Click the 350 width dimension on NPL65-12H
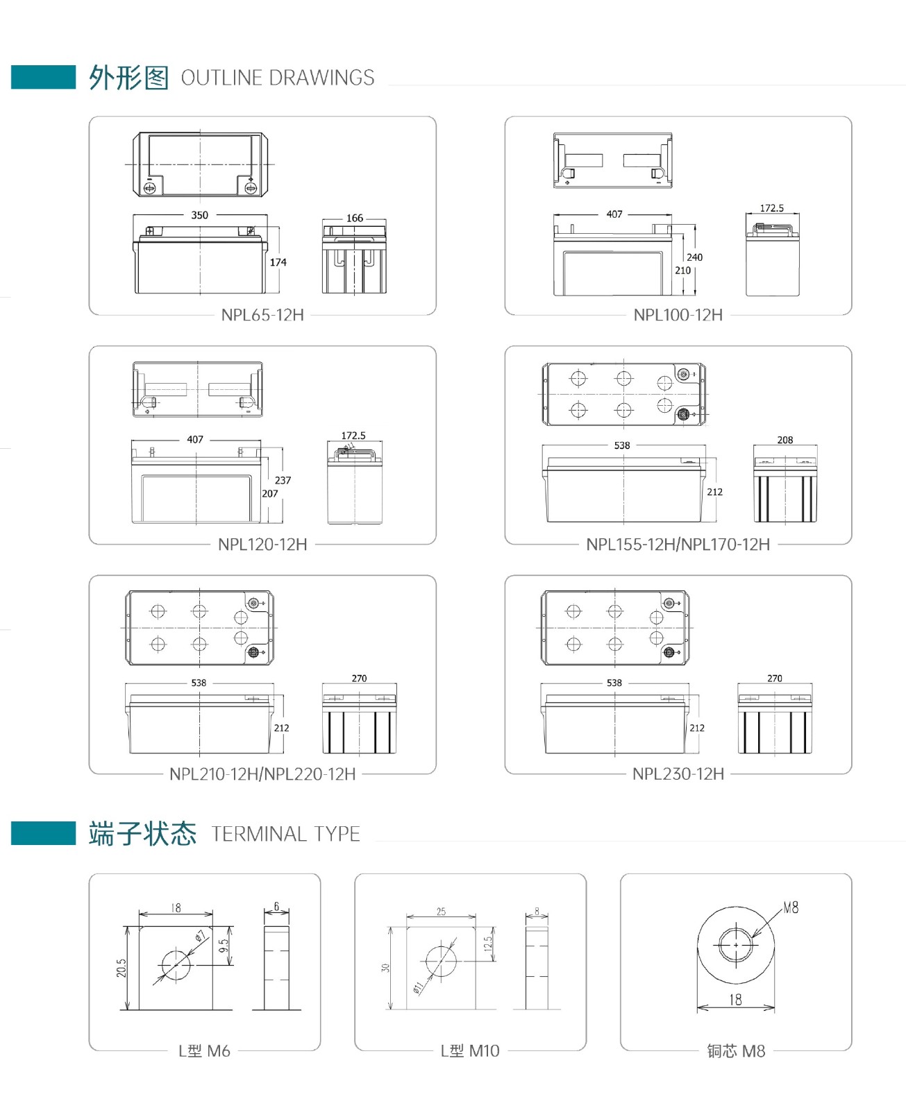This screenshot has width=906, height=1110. click(x=200, y=215)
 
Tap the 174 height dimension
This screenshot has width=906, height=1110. click(x=278, y=262)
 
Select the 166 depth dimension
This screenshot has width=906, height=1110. click(x=355, y=218)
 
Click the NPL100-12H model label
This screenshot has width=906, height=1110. click(x=678, y=315)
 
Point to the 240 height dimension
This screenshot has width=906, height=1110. click(x=694, y=257)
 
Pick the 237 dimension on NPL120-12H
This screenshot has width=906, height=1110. click(x=283, y=480)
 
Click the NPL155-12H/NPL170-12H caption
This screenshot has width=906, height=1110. click(x=678, y=545)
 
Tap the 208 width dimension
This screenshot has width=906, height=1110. click(x=785, y=440)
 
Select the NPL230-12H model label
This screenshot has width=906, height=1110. click(x=678, y=774)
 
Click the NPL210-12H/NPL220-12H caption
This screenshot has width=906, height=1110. click(x=262, y=774)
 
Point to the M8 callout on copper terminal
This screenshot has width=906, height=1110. click(x=791, y=907)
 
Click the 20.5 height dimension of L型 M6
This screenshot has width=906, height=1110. click(x=121, y=968)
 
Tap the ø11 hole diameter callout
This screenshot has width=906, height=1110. click(x=418, y=987)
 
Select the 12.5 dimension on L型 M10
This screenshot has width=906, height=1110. click(x=488, y=943)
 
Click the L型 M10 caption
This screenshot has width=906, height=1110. click(x=469, y=1051)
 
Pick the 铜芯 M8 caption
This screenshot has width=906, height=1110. click(x=736, y=1051)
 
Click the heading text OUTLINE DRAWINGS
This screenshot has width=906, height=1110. click(x=278, y=78)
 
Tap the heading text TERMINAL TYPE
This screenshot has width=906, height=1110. click(x=285, y=834)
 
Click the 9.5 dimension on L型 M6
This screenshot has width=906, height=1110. click(x=223, y=946)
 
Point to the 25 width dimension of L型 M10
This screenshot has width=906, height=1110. click(x=441, y=912)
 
